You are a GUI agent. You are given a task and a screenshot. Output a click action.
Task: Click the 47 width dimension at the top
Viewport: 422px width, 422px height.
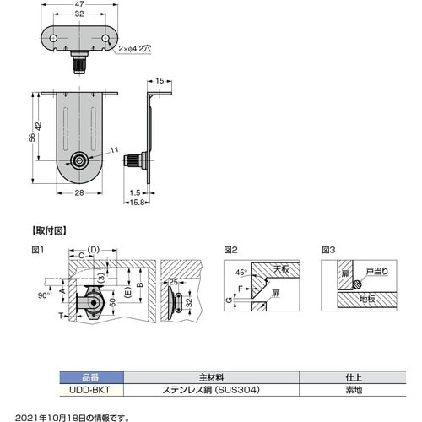(x=79, y=4)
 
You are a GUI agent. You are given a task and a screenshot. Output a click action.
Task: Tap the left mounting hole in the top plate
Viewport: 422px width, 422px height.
(x=53, y=38)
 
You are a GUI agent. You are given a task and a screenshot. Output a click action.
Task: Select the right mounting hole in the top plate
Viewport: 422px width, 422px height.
(x=105, y=38)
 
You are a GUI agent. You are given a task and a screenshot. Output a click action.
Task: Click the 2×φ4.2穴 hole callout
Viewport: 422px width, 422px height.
(x=135, y=49)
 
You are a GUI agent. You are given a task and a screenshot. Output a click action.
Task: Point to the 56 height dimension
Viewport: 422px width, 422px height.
(x=33, y=138)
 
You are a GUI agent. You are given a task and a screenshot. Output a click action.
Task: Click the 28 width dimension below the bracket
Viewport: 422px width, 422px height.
(x=79, y=193)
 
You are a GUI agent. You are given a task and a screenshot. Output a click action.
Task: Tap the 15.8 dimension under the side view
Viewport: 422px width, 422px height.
(x=137, y=203)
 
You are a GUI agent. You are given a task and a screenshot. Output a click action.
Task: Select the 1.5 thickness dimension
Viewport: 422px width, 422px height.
(x=135, y=193)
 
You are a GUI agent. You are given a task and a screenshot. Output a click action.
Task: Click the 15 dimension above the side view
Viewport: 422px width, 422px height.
(x=160, y=81)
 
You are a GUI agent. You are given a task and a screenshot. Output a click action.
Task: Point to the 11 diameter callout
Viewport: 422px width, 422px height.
(x=114, y=150)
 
